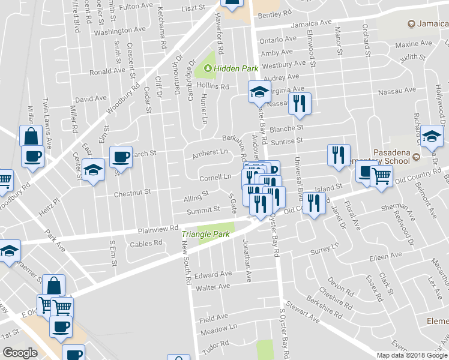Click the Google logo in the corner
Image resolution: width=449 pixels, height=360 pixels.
(x=20, y=353)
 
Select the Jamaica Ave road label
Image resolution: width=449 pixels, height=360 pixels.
(x=312, y=24)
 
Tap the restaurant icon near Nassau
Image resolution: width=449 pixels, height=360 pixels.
(x=298, y=103)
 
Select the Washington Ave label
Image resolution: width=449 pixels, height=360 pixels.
(x=119, y=30)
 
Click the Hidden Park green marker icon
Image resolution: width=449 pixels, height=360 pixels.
(x=208, y=68)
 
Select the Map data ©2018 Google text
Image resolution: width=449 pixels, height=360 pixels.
(x=412, y=355)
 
